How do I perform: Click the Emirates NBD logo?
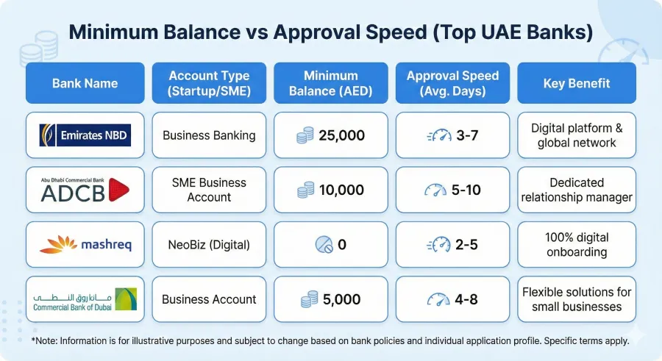85,135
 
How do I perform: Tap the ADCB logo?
85,190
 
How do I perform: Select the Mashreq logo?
85,245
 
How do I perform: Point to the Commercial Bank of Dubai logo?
85,299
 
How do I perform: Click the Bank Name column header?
85,83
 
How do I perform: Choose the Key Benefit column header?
577,83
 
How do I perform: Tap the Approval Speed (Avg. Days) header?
452,83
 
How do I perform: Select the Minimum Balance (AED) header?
330,83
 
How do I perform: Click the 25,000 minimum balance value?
341,135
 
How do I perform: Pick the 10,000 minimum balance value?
341,190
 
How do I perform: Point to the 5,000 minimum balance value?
341,299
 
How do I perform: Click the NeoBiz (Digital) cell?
209,245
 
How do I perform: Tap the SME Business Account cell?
209,190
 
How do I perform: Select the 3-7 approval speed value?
466,135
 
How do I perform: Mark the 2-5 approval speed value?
466,245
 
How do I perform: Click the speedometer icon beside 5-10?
435,190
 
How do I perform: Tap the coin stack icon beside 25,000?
305,135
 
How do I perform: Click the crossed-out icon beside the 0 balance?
323,245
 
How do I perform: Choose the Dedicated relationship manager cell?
577,190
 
